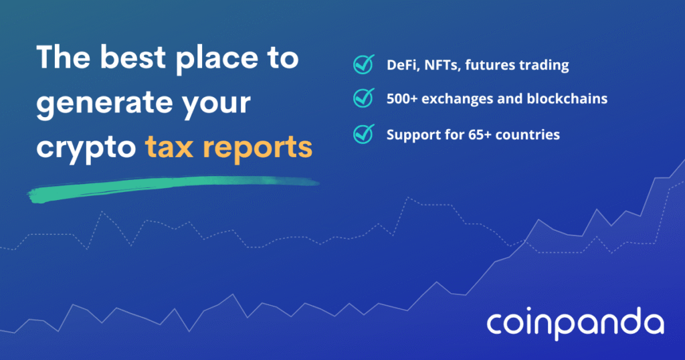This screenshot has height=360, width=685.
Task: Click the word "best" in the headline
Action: pos(133,58)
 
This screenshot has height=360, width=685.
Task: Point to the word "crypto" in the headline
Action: pos(86,149)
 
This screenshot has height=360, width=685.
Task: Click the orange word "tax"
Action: pos(169,147)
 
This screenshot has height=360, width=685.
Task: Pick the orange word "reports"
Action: pos(258,149)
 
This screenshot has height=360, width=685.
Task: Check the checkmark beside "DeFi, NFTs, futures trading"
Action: pos(363,64)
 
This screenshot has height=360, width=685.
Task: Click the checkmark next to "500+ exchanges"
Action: pos(363,98)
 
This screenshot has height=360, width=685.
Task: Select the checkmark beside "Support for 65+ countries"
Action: pos(363,134)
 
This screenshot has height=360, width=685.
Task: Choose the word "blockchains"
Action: pos(567,99)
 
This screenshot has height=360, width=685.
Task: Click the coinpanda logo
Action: pos(575,324)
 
